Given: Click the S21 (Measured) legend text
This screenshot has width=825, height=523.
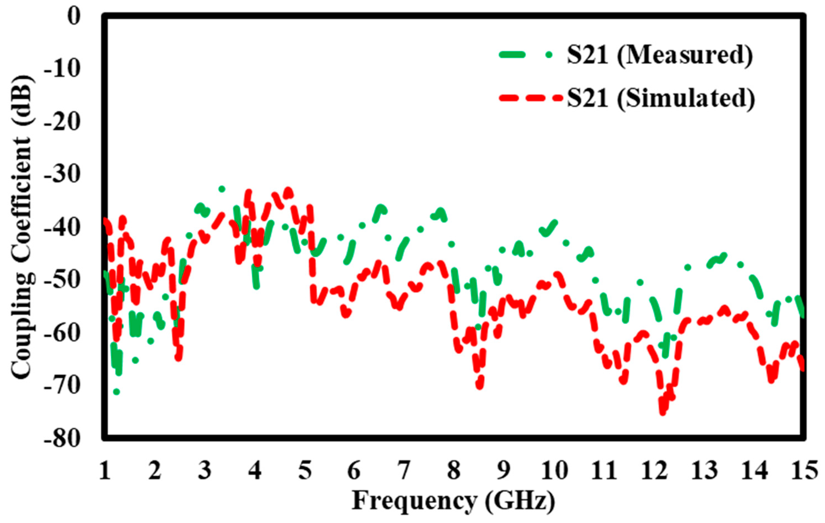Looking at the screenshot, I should point(659,55).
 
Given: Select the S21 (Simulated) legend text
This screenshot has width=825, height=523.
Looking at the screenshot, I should point(661,98).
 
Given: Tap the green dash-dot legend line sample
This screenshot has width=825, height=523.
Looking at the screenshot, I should point(526,55).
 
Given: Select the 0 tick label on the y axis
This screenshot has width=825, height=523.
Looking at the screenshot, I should point(73,16).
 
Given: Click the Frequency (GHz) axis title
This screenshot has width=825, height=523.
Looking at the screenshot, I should point(453,501).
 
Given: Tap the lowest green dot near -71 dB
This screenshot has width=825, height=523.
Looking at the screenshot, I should point(116,391).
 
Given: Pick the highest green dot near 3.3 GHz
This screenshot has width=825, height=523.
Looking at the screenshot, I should point(222,189).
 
